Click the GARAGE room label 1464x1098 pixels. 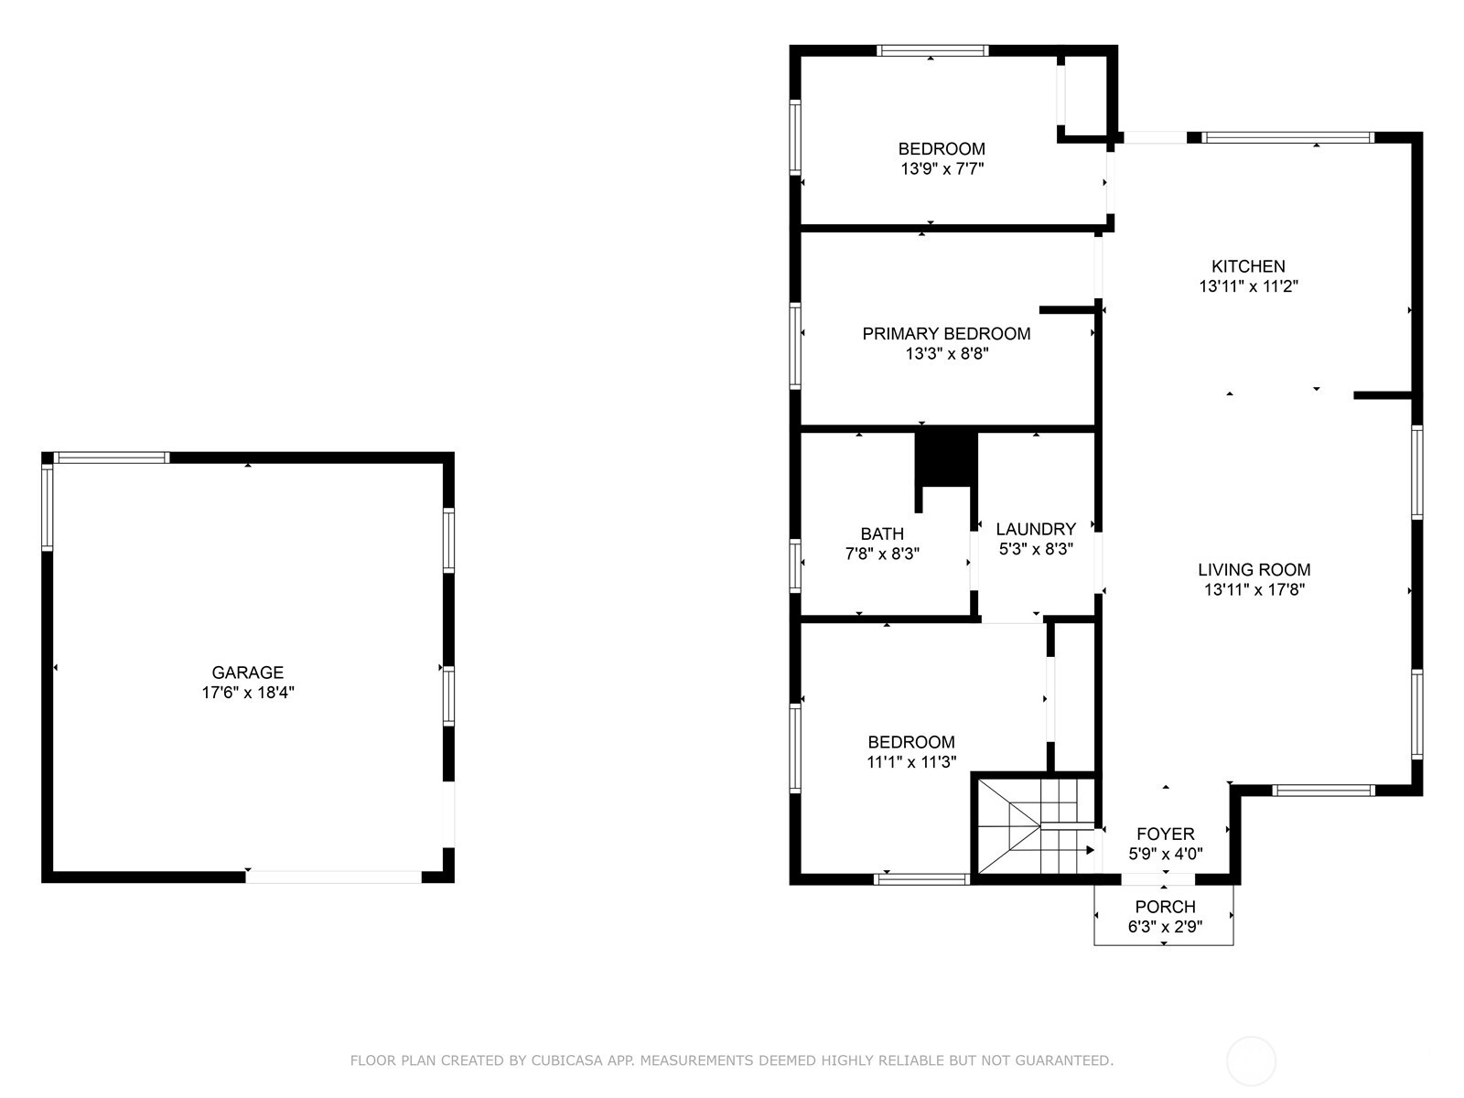(x=247, y=673)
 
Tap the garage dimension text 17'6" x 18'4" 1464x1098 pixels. (x=247, y=693)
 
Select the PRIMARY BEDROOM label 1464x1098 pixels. (x=946, y=334)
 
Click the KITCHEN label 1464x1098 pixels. (x=1248, y=266)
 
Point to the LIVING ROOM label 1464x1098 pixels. (x=1254, y=569)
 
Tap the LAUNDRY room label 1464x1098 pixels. (x=1035, y=529)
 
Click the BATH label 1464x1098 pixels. (x=882, y=533)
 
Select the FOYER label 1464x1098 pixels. (x=1165, y=834)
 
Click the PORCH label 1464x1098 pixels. (x=1165, y=907)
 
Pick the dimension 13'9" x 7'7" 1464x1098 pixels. (x=942, y=168)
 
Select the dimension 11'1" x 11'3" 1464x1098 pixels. (x=911, y=761)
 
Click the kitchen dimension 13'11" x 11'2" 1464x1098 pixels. (x=1248, y=285)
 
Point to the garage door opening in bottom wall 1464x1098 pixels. (x=333, y=877)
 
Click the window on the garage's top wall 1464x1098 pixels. (x=112, y=457)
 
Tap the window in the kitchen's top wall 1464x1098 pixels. (x=1288, y=137)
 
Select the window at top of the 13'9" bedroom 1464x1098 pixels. (x=931, y=50)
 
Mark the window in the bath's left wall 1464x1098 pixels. (x=795, y=565)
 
